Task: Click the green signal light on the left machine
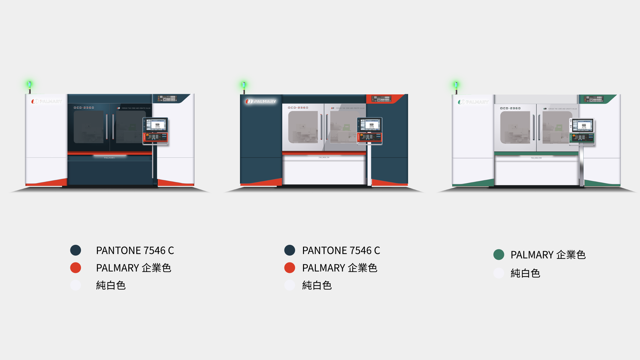coord(29,85)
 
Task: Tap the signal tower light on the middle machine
coord(244,85)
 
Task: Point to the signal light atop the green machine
coord(456,85)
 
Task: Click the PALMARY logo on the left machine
coord(47,101)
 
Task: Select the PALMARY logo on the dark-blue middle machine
coord(261,101)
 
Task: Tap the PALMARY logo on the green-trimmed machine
coord(473,102)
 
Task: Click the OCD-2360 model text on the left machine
coord(84,108)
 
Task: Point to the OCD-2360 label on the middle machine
coord(298,108)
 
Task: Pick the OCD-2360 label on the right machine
coord(510,108)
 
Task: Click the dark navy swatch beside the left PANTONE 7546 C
coord(76,250)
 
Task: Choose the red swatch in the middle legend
coord(290,268)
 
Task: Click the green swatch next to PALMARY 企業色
coord(499,255)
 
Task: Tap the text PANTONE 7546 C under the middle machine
coord(341,251)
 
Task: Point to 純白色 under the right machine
coord(525,273)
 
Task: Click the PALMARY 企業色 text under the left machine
coord(134,268)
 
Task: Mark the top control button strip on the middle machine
coord(381,99)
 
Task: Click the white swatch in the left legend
coord(76,285)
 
